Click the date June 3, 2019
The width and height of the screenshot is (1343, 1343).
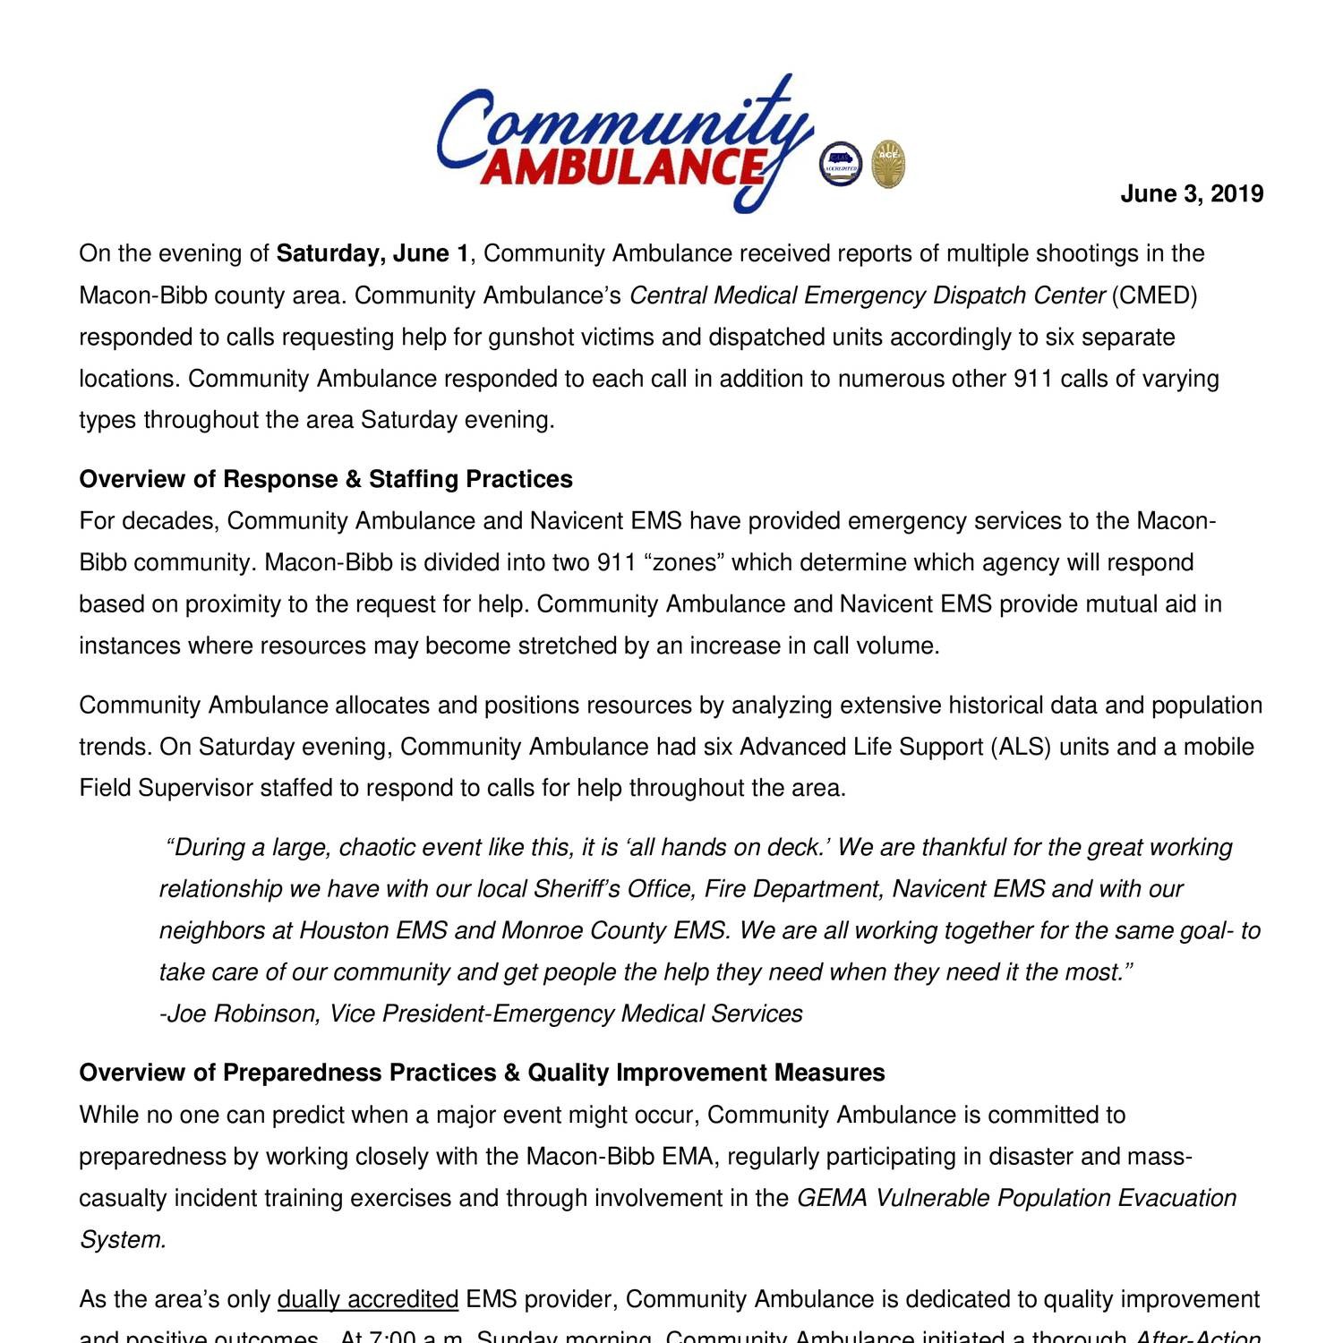[x=1191, y=194]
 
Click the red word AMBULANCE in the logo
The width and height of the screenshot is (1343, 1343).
[x=623, y=167]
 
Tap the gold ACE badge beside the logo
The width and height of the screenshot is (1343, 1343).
[x=888, y=165]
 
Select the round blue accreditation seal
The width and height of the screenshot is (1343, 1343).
[x=841, y=164]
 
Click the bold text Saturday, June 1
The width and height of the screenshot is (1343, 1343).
[x=372, y=254]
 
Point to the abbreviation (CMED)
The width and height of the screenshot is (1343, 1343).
[x=1154, y=295]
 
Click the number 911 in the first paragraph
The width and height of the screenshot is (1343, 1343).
[x=1033, y=379]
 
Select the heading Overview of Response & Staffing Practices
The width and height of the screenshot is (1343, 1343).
[x=326, y=480]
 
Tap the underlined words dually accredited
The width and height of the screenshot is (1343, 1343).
[x=368, y=1300]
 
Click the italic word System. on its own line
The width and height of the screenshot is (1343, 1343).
[x=123, y=1240]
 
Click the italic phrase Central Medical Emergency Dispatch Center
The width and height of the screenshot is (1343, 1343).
[x=868, y=295]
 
